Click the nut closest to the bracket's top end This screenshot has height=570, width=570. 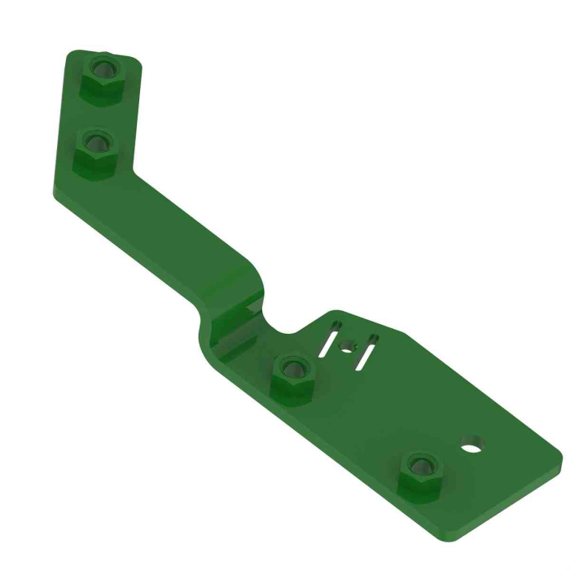point(103,77)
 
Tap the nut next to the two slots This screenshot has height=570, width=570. point(291,376)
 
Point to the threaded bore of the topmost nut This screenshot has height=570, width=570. point(103,68)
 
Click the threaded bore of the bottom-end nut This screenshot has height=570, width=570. point(420,466)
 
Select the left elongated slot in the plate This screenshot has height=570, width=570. point(330,337)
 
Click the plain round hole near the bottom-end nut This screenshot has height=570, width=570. point(471,444)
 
